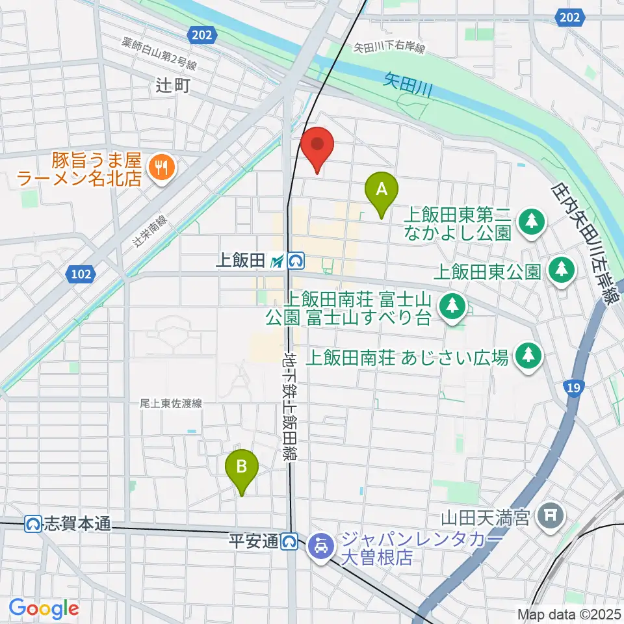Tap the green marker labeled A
[382, 192]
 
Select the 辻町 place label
[172, 84]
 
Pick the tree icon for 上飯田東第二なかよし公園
[532, 220]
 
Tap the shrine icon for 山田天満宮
[551, 517]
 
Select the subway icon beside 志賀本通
[34, 523]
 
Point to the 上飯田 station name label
[240, 261]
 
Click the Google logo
[44, 608]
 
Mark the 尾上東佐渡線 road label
[171, 404]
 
